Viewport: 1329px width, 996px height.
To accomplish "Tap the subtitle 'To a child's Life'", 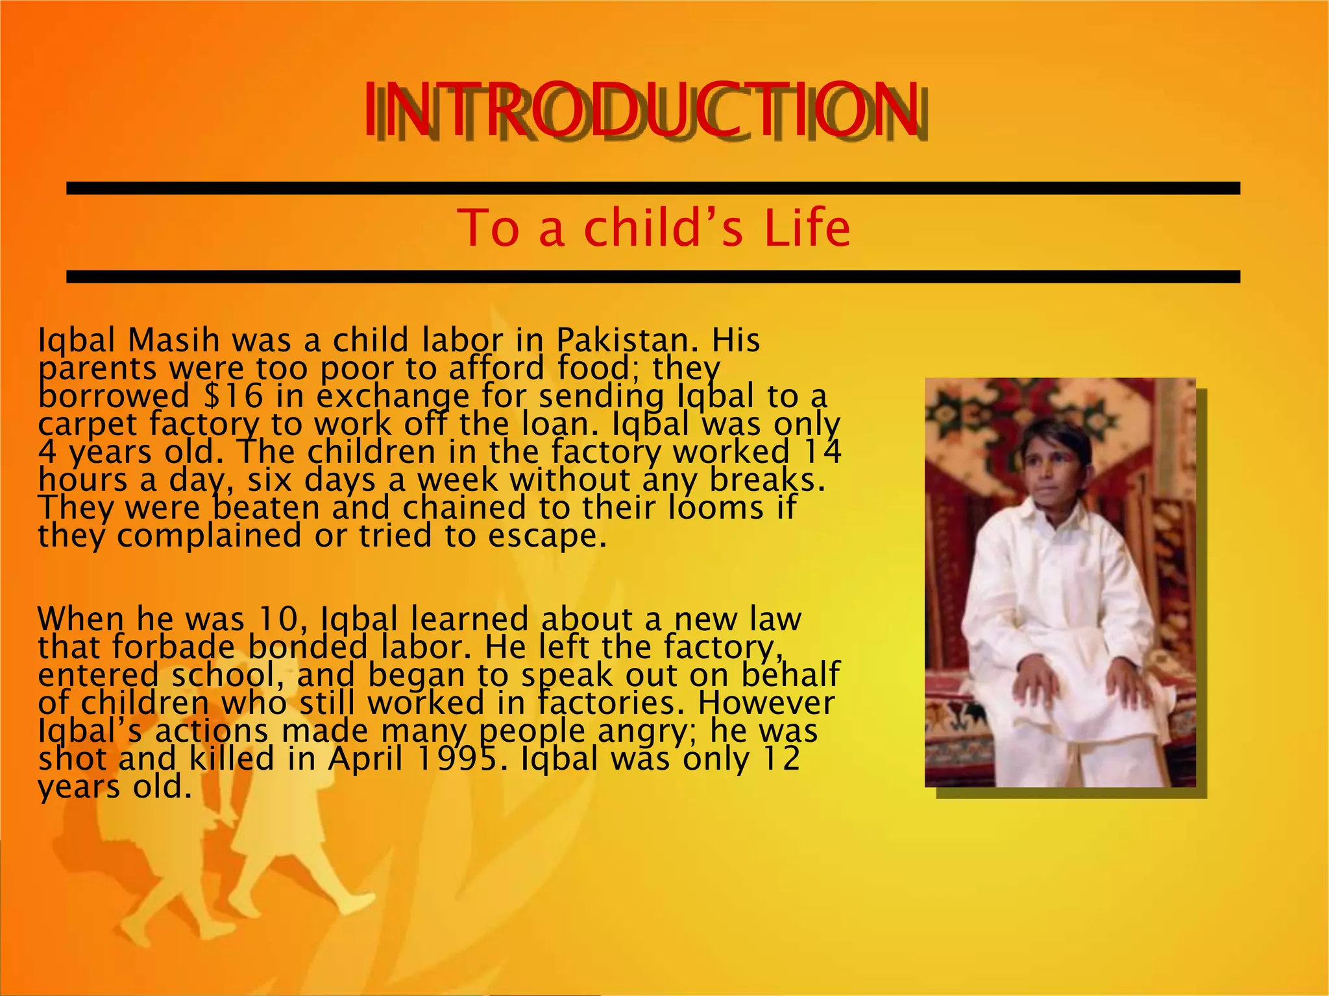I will pyautogui.click(x=653, y=228).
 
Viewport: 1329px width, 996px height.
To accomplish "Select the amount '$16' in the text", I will pyautogui.click(x=233, y=396).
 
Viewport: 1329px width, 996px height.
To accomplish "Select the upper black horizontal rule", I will pyautogui.click(x=653, y=188).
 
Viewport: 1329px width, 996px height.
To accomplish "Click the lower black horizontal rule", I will pyautogui.click(x=653, y=277).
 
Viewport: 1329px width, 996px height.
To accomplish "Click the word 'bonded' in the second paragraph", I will pyautogui.click(x=308, y=647).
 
